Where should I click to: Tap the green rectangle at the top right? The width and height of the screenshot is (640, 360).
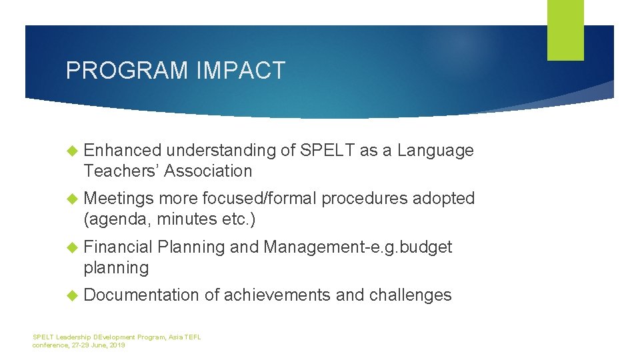[x=565, y=29]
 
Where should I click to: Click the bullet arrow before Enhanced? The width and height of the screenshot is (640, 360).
[x=73, y=151]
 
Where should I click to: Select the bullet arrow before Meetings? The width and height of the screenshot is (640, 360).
[x=73, y=199]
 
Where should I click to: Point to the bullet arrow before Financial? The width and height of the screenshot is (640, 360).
[x=73, y=247]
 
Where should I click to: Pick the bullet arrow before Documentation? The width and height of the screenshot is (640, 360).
[x=73, y=295]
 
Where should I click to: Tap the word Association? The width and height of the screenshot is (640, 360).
[x=208, y=171]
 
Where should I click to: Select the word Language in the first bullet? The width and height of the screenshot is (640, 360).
[x=435, y=151]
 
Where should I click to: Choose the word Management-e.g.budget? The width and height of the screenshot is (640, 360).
[x=358, y=247]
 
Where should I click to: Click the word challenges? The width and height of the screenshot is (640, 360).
[x=409, y=295]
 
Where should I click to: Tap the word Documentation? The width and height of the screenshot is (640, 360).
[x=141, y=295]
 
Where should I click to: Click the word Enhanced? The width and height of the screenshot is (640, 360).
[x=123, y=151]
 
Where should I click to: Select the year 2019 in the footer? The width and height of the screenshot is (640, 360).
[x=117, y=345]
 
